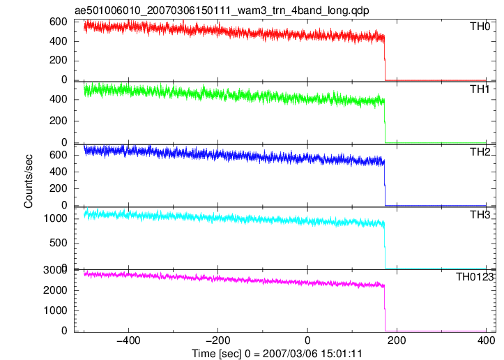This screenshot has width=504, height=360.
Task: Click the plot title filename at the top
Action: (x=222, y=10)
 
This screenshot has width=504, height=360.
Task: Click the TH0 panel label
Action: (x=480, y=27)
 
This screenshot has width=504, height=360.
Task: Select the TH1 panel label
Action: (x=480, y=89)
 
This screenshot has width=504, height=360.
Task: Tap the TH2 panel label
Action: (x=480, y=152)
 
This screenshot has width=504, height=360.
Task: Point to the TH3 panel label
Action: (x=480, y=215)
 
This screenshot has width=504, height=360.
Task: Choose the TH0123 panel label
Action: (x=475, y=277)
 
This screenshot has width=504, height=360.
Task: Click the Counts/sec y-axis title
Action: (x=29, y=181)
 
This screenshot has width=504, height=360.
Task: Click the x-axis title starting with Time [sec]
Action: (x=277, y=354)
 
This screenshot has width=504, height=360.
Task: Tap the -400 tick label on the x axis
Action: (x=128, y=340)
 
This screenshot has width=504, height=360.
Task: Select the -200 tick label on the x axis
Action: (x=218, y=340)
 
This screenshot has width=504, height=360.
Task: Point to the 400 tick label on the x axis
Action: (x=486, y=340)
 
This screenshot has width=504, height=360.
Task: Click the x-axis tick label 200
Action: (x=397, y=340)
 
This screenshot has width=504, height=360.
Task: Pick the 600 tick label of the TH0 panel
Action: (x=58, y=22)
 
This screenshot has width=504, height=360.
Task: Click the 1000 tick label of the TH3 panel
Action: (x=55, y=219)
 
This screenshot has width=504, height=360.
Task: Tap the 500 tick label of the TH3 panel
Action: (x=58, y=243)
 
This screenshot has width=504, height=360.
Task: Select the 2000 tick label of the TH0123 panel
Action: (x=55, y=290)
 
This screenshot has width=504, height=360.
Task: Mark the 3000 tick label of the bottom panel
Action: (x=54, y=270)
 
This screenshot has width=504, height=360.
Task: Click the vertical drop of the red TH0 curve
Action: (x=385, y=58)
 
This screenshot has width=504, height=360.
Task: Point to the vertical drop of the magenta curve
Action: (x=385, y=308)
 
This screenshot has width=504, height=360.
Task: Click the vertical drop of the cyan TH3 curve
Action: (x=385, y=245)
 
